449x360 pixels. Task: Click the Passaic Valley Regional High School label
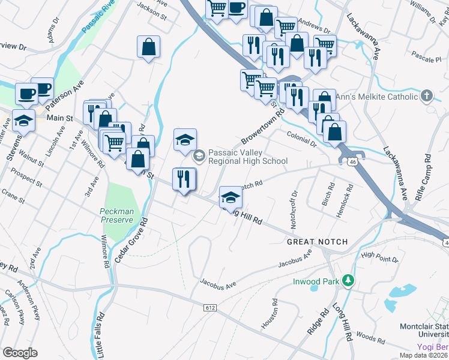[247, 157]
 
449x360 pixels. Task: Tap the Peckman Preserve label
[116, 215]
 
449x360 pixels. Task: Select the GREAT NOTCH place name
[317, 242]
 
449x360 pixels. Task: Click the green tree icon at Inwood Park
[347, 281]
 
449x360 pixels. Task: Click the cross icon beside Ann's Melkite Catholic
[426, 96]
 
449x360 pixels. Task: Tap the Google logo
[20, 353]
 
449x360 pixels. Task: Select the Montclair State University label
[424, 330]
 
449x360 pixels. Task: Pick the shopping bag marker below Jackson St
[149, 47]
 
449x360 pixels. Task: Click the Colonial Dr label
[301, 140]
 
